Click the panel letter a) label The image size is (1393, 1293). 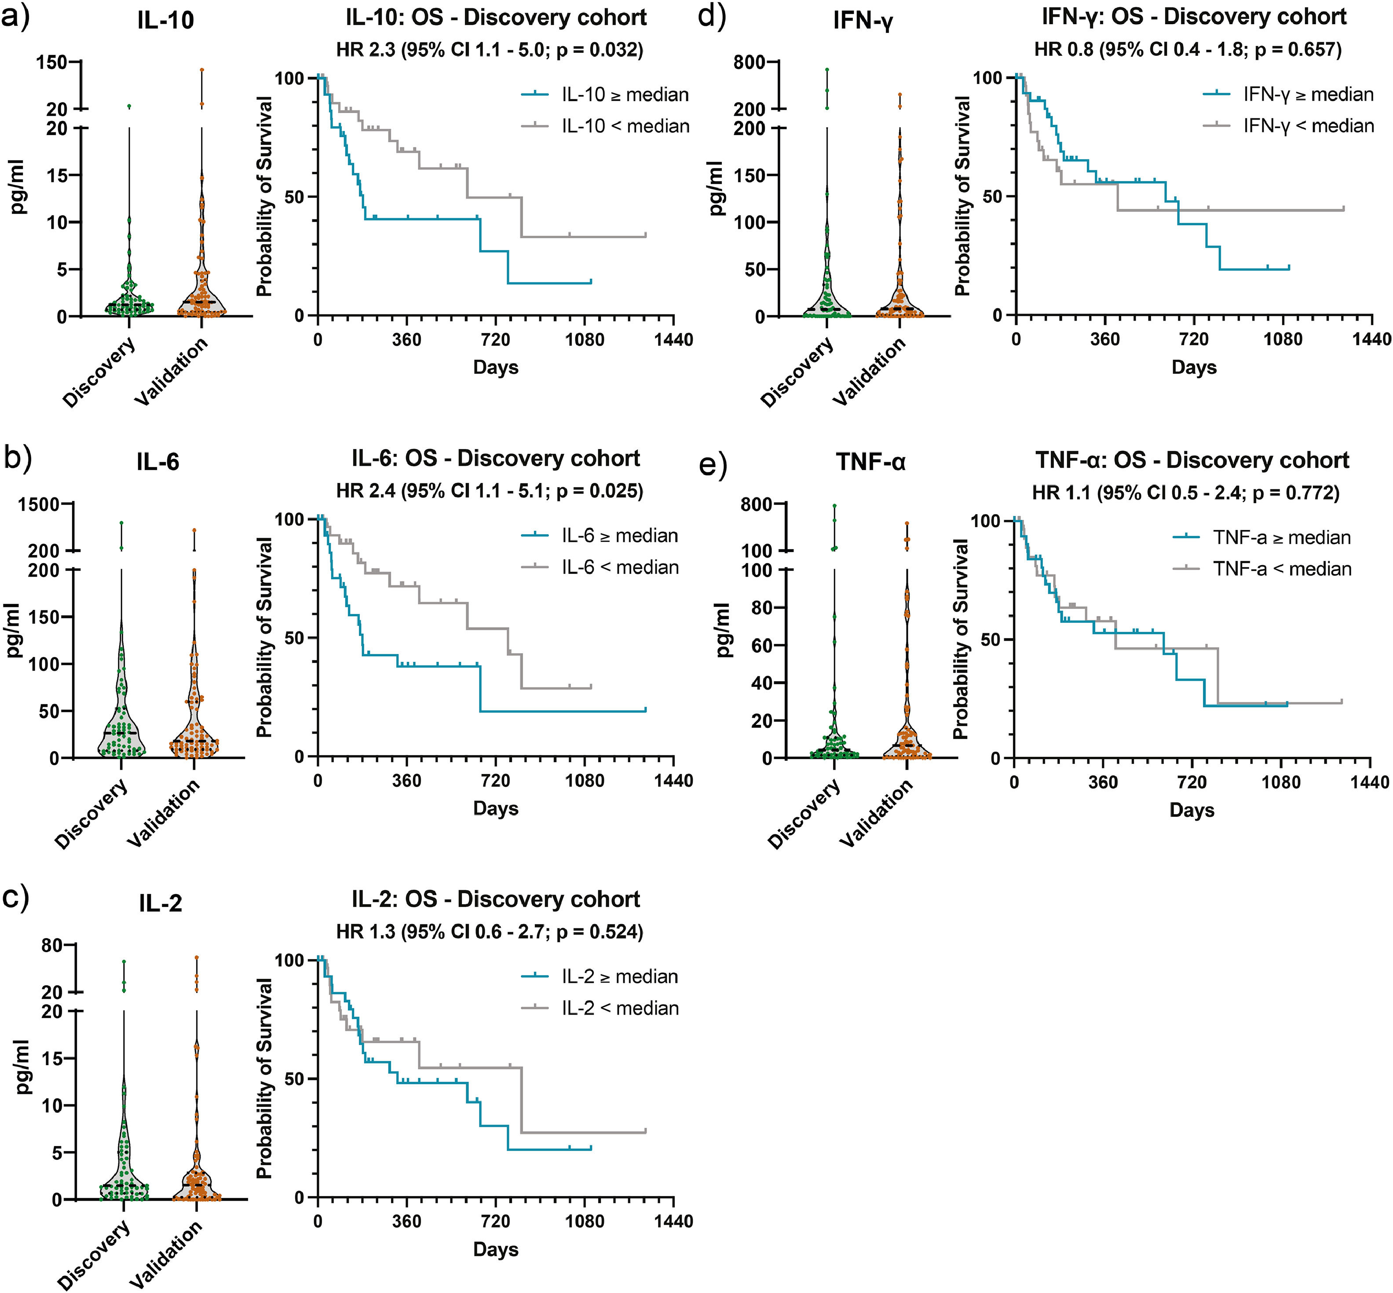click(15, 15)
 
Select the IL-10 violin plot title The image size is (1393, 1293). click(166, 20)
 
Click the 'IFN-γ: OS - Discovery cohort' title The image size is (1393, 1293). click(1194, 17)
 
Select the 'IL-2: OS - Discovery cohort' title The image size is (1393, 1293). click(495, 899)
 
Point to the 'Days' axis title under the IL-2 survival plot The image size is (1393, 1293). click(495, 1249)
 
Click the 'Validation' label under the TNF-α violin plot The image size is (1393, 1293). click(877, 815)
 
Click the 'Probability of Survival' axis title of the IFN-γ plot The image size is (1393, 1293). click(963, 196)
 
